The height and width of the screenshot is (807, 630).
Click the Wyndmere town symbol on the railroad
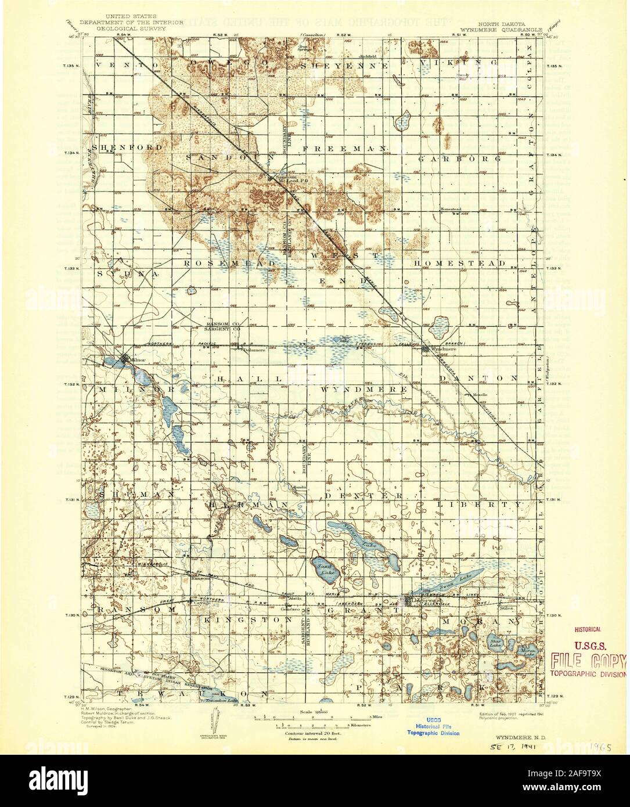coord(426,349)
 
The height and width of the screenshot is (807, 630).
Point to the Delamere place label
coord(253,350)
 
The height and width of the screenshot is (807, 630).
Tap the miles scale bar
coord(314,718)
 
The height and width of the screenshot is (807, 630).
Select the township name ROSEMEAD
coord(229,263)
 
